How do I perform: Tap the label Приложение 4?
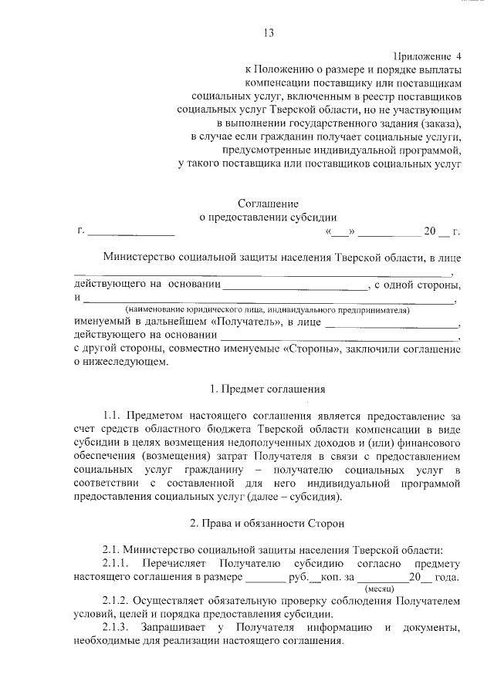pos(427,56)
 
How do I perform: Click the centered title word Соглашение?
pos(267,204)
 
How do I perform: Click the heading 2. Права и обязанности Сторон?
pos(267,524)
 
